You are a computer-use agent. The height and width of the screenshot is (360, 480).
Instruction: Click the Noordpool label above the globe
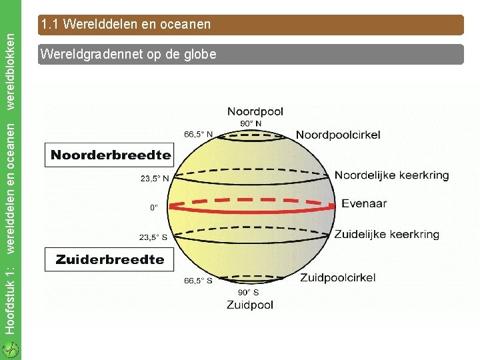coord(255,112)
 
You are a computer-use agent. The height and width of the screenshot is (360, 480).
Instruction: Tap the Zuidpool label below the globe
coord(249,305)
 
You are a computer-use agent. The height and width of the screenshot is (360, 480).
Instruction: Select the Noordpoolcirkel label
coord(338,135)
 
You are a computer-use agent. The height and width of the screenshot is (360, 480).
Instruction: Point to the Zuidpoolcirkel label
coord(337,278)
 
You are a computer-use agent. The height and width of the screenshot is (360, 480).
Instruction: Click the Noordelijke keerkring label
coord(391,175)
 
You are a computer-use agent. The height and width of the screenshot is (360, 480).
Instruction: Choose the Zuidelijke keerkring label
coord(387,234)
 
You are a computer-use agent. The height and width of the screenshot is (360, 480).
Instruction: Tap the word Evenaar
coord(364,204)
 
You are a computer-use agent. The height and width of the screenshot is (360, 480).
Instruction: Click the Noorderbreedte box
coord(111,156)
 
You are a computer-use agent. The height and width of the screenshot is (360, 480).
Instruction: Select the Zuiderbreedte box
coord(110,259)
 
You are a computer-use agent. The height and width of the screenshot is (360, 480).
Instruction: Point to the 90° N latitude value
coord(251,123)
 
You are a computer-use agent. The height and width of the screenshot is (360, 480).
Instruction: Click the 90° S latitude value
coord(249,293)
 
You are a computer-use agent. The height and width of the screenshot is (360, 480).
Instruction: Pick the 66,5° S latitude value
coord(198,281)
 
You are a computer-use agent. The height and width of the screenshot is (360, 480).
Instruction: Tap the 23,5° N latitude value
coord(154,178)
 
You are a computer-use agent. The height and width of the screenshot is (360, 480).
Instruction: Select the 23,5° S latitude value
coord(153,237)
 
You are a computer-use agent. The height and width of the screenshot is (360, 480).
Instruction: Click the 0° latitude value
coord(154,207)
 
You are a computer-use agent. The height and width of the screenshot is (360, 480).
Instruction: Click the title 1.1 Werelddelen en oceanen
coord(125,25)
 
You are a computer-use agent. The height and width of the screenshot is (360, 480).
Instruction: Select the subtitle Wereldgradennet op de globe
coord(128,55)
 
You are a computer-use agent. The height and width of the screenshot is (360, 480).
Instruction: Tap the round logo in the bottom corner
coord(10,349)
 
